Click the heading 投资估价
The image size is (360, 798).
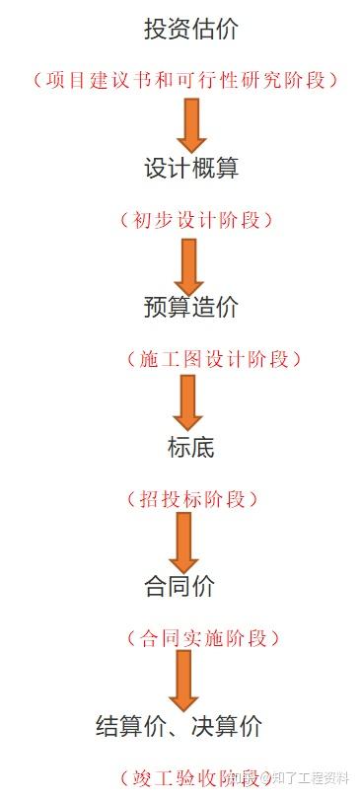[190, 30]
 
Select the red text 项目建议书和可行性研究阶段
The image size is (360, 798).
[186, 80]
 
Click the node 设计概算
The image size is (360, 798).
[190, 168]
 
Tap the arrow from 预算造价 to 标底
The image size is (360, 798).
[186, 400]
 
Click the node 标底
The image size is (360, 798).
[190, 447]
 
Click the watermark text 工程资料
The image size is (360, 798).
[322, 775]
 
